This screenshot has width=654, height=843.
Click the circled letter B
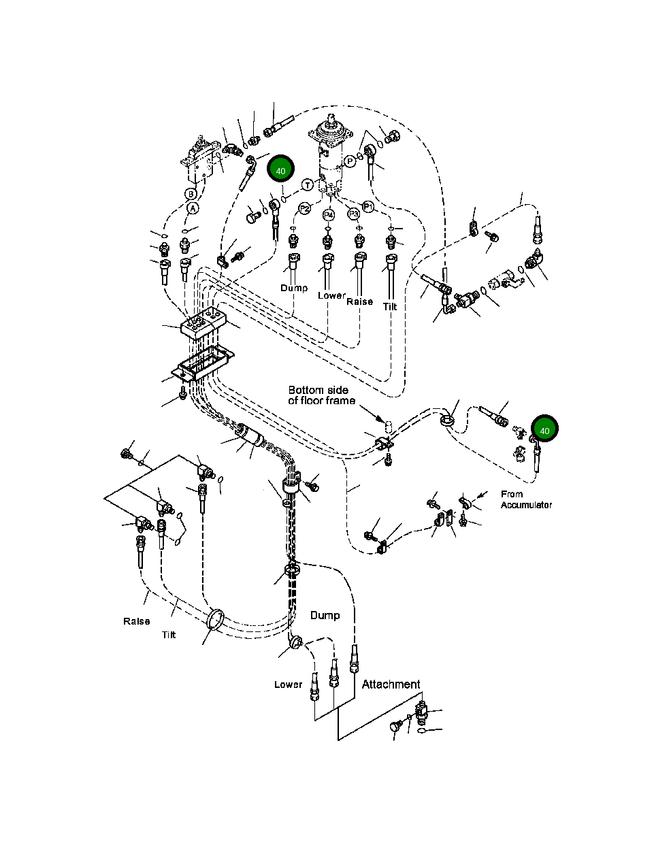(191, 194)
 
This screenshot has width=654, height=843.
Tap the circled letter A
(193, 208)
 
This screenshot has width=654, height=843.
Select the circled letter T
(308, 185)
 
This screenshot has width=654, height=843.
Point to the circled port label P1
(368, 206)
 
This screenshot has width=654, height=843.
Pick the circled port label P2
(305, 208)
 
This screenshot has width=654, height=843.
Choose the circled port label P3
(353, 214)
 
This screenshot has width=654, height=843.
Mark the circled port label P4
(329, 215)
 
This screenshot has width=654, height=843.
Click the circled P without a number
(350, 161)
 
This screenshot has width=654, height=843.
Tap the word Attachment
(391, 684)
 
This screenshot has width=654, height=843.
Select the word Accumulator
(526, 505)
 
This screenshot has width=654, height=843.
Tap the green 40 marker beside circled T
(280, 170)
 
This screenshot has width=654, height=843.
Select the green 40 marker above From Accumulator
(544, 430)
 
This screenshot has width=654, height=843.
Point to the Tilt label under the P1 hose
(389, 307)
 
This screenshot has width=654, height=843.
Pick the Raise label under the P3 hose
(359, 301)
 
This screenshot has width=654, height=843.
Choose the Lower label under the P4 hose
(331, 295)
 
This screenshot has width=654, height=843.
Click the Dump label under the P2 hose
(294, 288)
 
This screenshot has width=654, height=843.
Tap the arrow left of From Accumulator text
(481, 496)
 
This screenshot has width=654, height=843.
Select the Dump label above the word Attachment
(325, 615)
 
